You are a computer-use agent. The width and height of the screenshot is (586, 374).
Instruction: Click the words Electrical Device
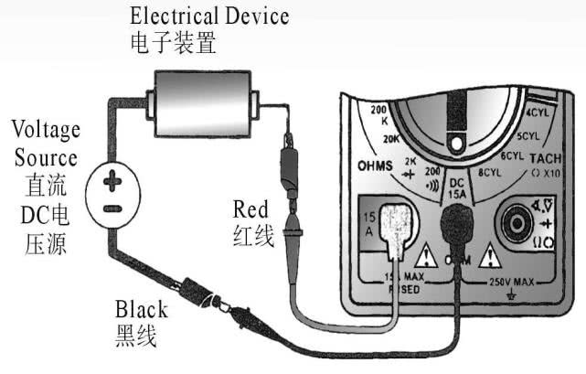(210, 16)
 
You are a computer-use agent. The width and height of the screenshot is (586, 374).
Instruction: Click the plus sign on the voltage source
(112, 183)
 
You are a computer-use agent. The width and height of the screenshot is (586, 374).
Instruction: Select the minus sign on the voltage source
(111, 209)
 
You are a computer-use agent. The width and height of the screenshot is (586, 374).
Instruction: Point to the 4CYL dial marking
(537, 116)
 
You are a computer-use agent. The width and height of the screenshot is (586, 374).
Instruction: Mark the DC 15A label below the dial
(456, 187)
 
